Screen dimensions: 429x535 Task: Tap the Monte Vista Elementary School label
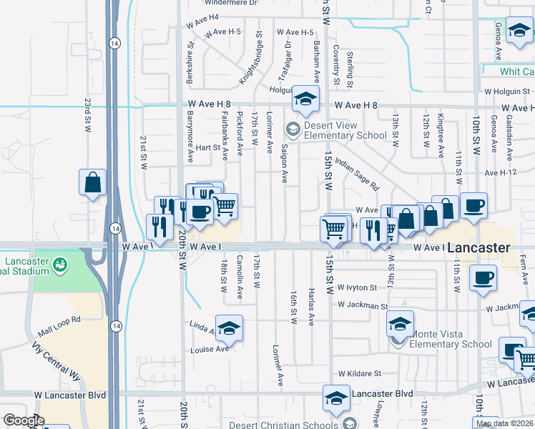(x=451, y=338)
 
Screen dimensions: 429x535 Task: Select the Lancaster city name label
(x=478, y=248)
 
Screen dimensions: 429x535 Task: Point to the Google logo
(x=24, y=420)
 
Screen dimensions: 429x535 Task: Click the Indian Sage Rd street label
(x=355, y=174)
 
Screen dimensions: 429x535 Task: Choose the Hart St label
(x=209, y=147)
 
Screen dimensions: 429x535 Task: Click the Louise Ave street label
(x=209, y=349)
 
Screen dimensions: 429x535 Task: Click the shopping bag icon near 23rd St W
(x=93, y=183)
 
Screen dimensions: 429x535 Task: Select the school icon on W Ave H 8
(x=305, y=101)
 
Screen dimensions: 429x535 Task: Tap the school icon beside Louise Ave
(x=229, y=328)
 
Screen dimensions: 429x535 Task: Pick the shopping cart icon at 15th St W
(x=334, y=229)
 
